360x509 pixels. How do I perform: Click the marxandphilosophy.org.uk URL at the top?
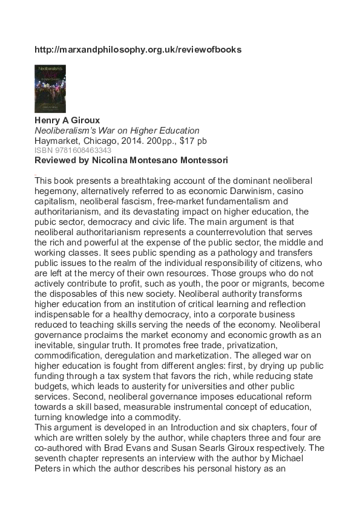[x=138, y=50]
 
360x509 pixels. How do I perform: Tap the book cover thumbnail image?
[x=50, y=89]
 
